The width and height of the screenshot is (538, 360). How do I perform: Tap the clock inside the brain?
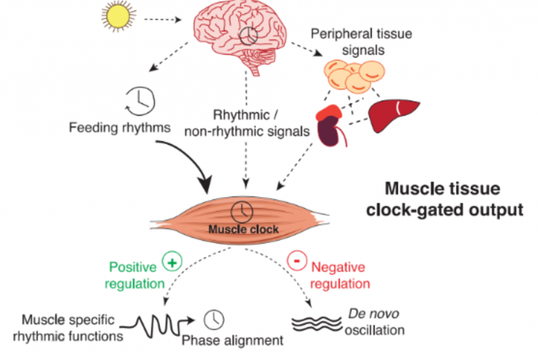(x=248, y=36)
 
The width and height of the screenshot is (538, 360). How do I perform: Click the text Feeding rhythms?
(x=119, y=127)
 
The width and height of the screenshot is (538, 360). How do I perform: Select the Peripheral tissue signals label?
(x=361, y=41)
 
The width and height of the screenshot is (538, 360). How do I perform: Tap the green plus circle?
(x=172, y=261)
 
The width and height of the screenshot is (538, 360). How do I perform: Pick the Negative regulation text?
(x=340, y=276)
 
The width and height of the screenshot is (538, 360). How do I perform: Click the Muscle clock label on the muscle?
(x=243, y=229)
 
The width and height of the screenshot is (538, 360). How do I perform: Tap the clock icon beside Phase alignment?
(x=214, y=318)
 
